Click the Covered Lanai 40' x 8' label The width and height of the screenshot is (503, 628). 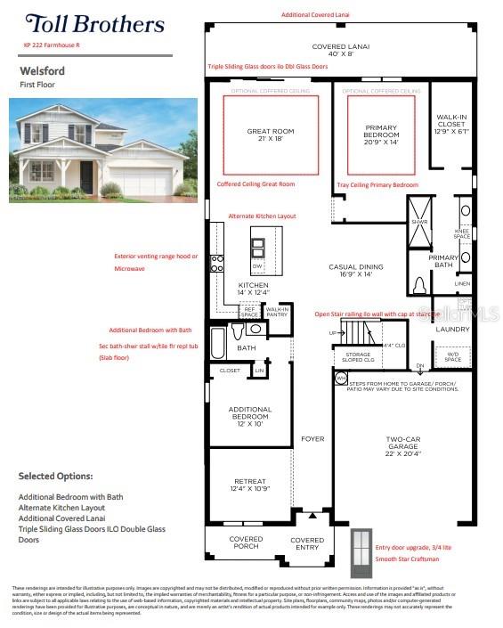340,50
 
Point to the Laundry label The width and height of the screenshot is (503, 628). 451,330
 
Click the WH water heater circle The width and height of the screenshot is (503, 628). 316,379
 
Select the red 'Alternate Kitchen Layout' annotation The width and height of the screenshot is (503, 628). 262,216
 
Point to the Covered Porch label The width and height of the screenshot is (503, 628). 245,542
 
